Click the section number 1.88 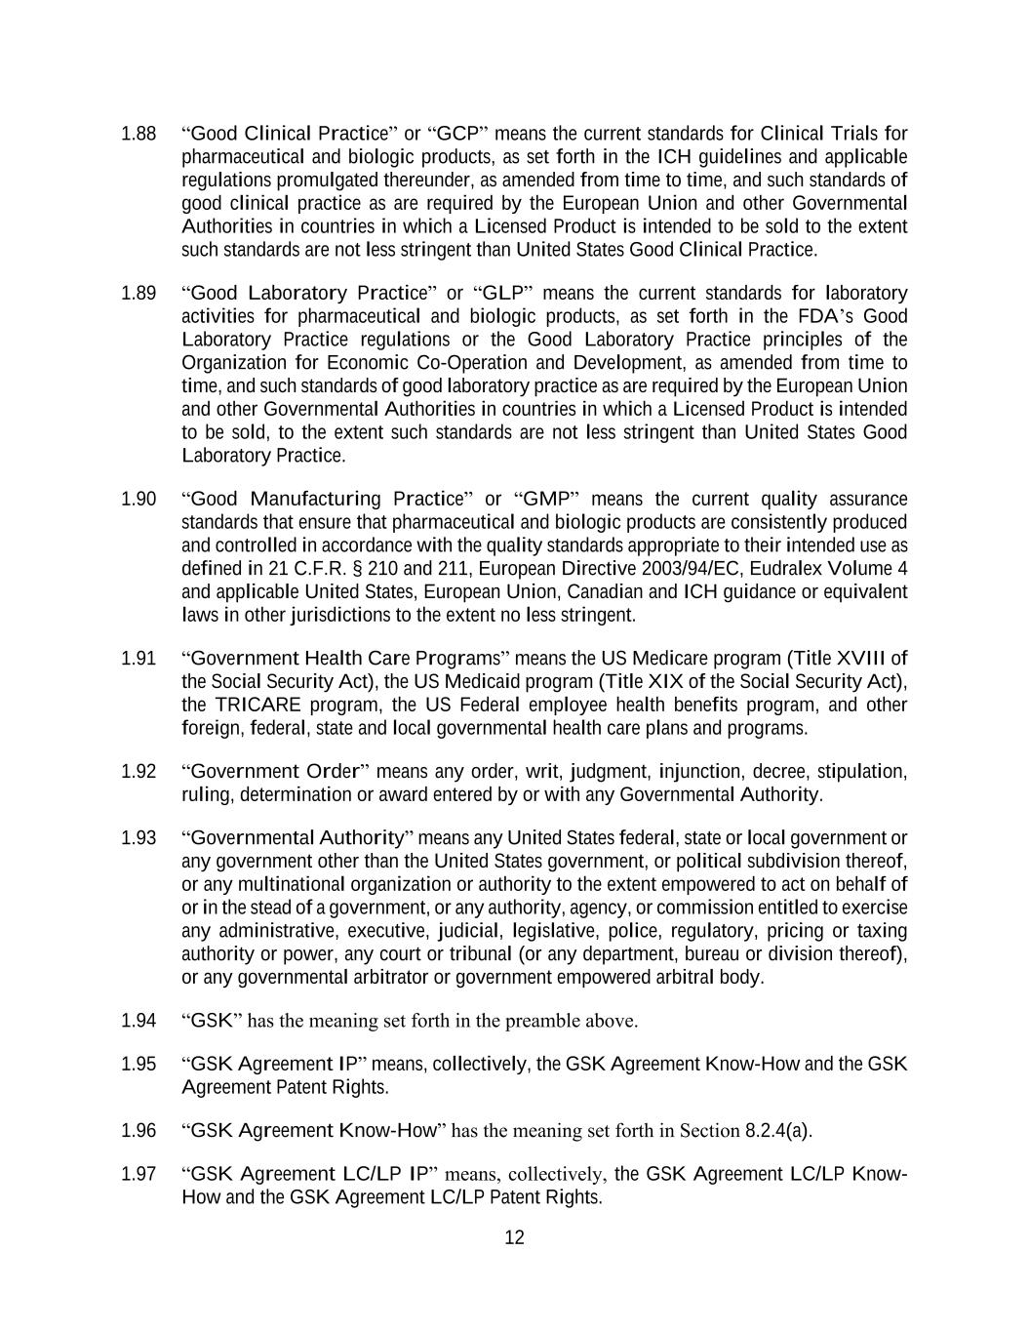coord(139,134)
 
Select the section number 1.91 coord(139,659)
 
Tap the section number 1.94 coord(139,1021)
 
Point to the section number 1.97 coord(139,1174)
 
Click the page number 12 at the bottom coord(514,1238)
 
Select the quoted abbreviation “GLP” coord(500,294)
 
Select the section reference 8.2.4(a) coord(777,1131)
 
